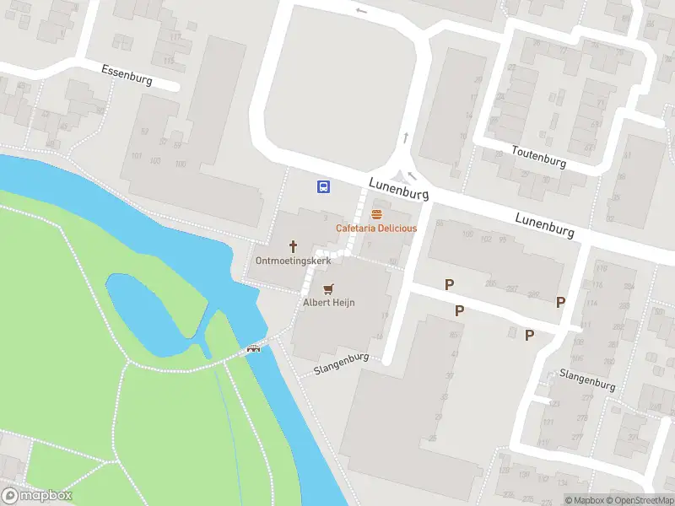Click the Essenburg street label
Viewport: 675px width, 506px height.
pos(127,75)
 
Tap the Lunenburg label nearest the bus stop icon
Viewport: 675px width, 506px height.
pos(399,188)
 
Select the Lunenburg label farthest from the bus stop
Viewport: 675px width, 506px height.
pos(545,224)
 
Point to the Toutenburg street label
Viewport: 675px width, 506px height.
pos(538,156)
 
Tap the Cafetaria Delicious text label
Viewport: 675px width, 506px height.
pos(376,229)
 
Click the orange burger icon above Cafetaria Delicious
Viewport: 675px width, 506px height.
pos(376,214)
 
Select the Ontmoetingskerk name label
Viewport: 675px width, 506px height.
pos(294,261)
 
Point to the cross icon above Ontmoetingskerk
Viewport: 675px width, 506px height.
pos(294,246)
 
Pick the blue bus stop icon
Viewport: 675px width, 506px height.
pos(323,186)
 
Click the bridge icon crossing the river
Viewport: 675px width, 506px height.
pos(253,349)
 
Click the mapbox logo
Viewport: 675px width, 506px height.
pos(37,496)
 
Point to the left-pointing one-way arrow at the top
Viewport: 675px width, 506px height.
pos(362,11)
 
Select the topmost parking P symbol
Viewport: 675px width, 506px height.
pos(450,285)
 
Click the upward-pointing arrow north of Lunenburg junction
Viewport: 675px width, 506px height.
pos(406,137)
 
